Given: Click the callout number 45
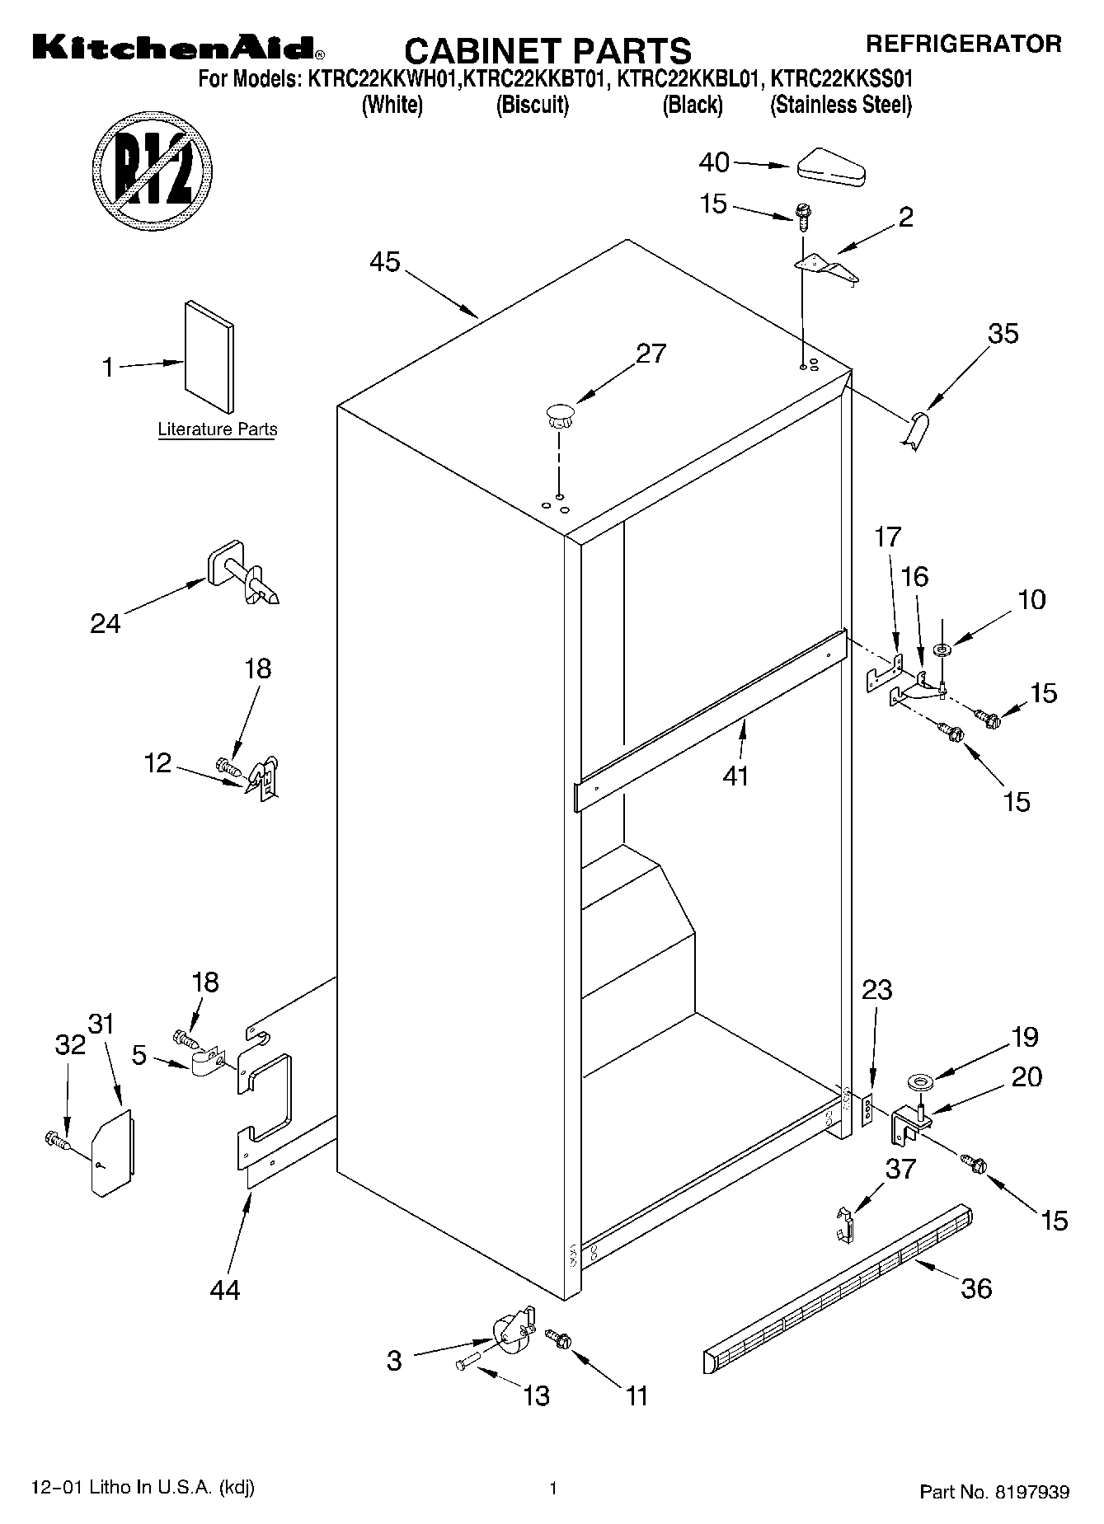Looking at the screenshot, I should (x=384, y=262).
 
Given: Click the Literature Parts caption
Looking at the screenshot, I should (x=218, y=429).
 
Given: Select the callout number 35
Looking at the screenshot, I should (x=1003, y=334).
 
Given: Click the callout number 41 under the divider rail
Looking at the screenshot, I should (x=735, y=775).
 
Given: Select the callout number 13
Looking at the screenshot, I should (x=536, y=1395).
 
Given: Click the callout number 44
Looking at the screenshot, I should (x=224, y=1289).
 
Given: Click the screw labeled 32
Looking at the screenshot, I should (x=55, y=1140).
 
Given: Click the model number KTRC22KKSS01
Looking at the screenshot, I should (x=841, y=81).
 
